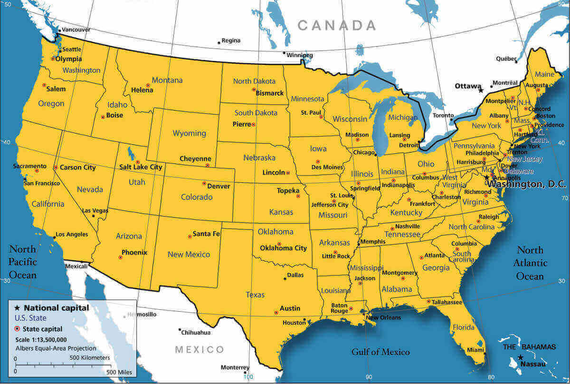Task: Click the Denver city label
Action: (x=218, y=186)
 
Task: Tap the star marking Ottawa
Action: (x=481, y=90)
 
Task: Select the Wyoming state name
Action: (x=189, y=133)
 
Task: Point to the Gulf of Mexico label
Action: (x=380, y=352)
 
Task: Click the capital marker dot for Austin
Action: (x=276, y=313)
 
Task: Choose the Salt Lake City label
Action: (x=141, y=167)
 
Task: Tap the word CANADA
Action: (x=337, y=25)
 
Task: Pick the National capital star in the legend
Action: (x=18, y=308)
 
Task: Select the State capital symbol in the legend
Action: (x=18, y=328)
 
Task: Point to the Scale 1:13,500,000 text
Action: (x=41, y=339)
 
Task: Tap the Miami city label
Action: (x=475, y=350)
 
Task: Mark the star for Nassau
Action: (x=521, y=357)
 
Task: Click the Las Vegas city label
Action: (x=95, y=210)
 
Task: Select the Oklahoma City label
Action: (x=283, y=248)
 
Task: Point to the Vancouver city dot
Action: (x=59, y=30)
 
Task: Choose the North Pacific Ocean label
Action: (x=22, y=262)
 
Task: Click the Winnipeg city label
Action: (x=300, y=55)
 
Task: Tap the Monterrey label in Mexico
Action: (x=235, y=367)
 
